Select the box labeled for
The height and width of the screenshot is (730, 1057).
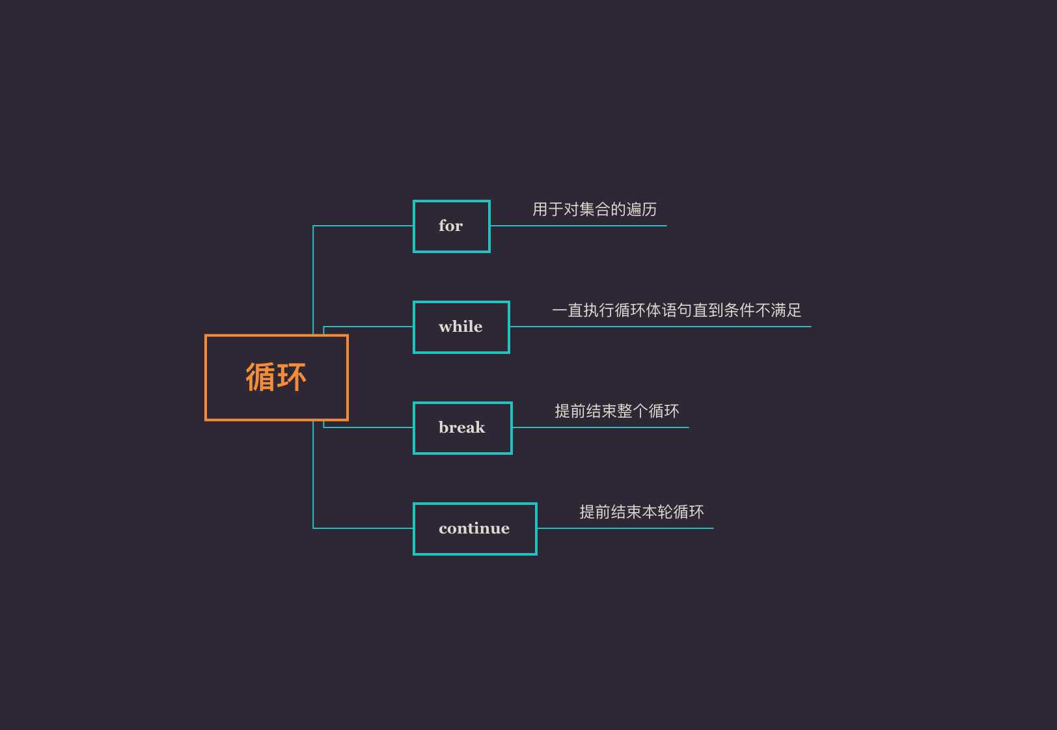coord(451,226)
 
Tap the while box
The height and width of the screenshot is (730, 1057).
coord(461,327)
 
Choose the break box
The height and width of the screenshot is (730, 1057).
coord(462,428)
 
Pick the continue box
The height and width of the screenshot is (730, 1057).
coord(474,529)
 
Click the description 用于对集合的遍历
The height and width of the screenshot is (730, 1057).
coord(594,210)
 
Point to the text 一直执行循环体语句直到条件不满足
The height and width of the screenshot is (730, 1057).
coord(676,310)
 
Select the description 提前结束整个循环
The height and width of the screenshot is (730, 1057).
coord(616,411)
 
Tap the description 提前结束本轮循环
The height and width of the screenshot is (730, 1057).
coord(641,512)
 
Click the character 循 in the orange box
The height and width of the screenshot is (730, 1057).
coord(260,377)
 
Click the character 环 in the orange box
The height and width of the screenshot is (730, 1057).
coord(291,377)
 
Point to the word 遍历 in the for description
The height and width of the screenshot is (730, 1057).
coord(641,210)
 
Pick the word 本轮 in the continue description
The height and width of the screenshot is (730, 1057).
coord(657,512)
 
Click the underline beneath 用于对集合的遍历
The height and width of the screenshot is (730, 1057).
coord(586,226)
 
